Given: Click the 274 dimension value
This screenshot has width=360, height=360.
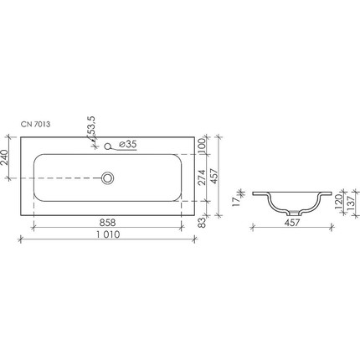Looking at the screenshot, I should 202,178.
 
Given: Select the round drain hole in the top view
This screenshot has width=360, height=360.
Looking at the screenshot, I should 107,177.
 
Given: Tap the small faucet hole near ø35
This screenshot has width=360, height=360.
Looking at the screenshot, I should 107,147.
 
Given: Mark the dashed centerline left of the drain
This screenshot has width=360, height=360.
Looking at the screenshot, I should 67,177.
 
